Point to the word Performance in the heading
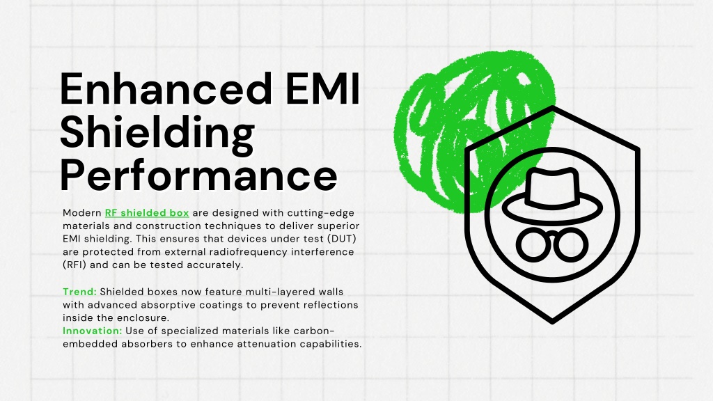click(x=198, y=175)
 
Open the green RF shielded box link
click(x=147, y=213)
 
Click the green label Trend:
click(x=79, y=292)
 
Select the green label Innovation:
click(x=93, y=331)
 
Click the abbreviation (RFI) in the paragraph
click(x=75, y=265)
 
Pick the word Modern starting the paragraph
click(x=82, y=213)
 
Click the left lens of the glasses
click(x=533, y=246)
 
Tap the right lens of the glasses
click(x=572, y=246)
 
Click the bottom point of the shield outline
click(x=552, y=322)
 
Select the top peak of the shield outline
click(x=552, y=108)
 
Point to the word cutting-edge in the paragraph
click(x=320, y=213)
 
